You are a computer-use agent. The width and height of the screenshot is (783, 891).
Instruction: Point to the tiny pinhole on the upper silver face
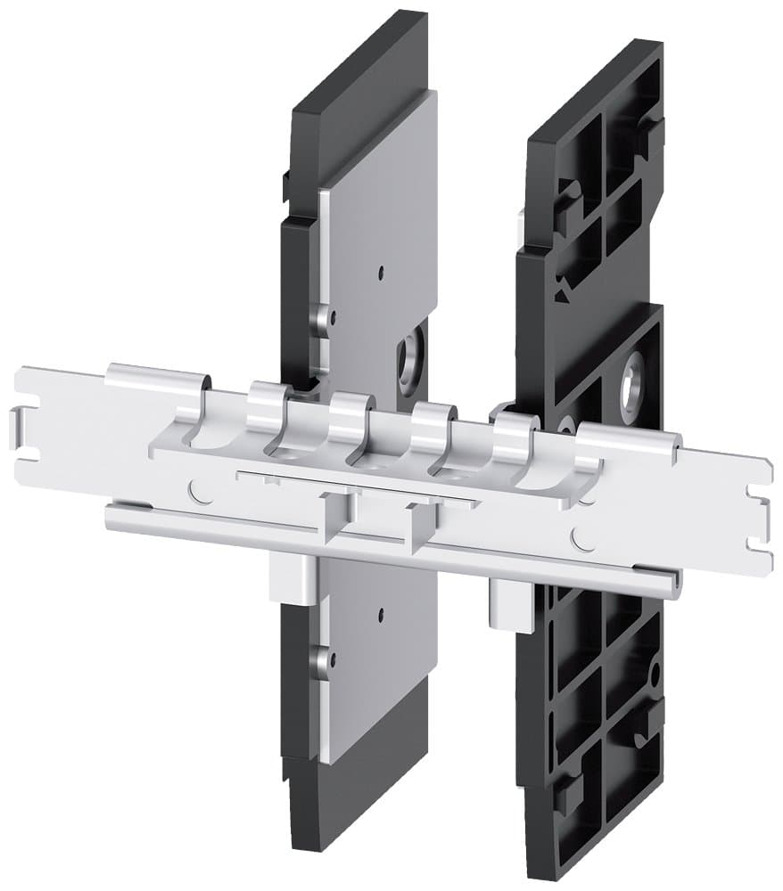coord(381,271)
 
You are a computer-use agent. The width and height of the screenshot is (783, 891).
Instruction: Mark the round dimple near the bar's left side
coord(198,488)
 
